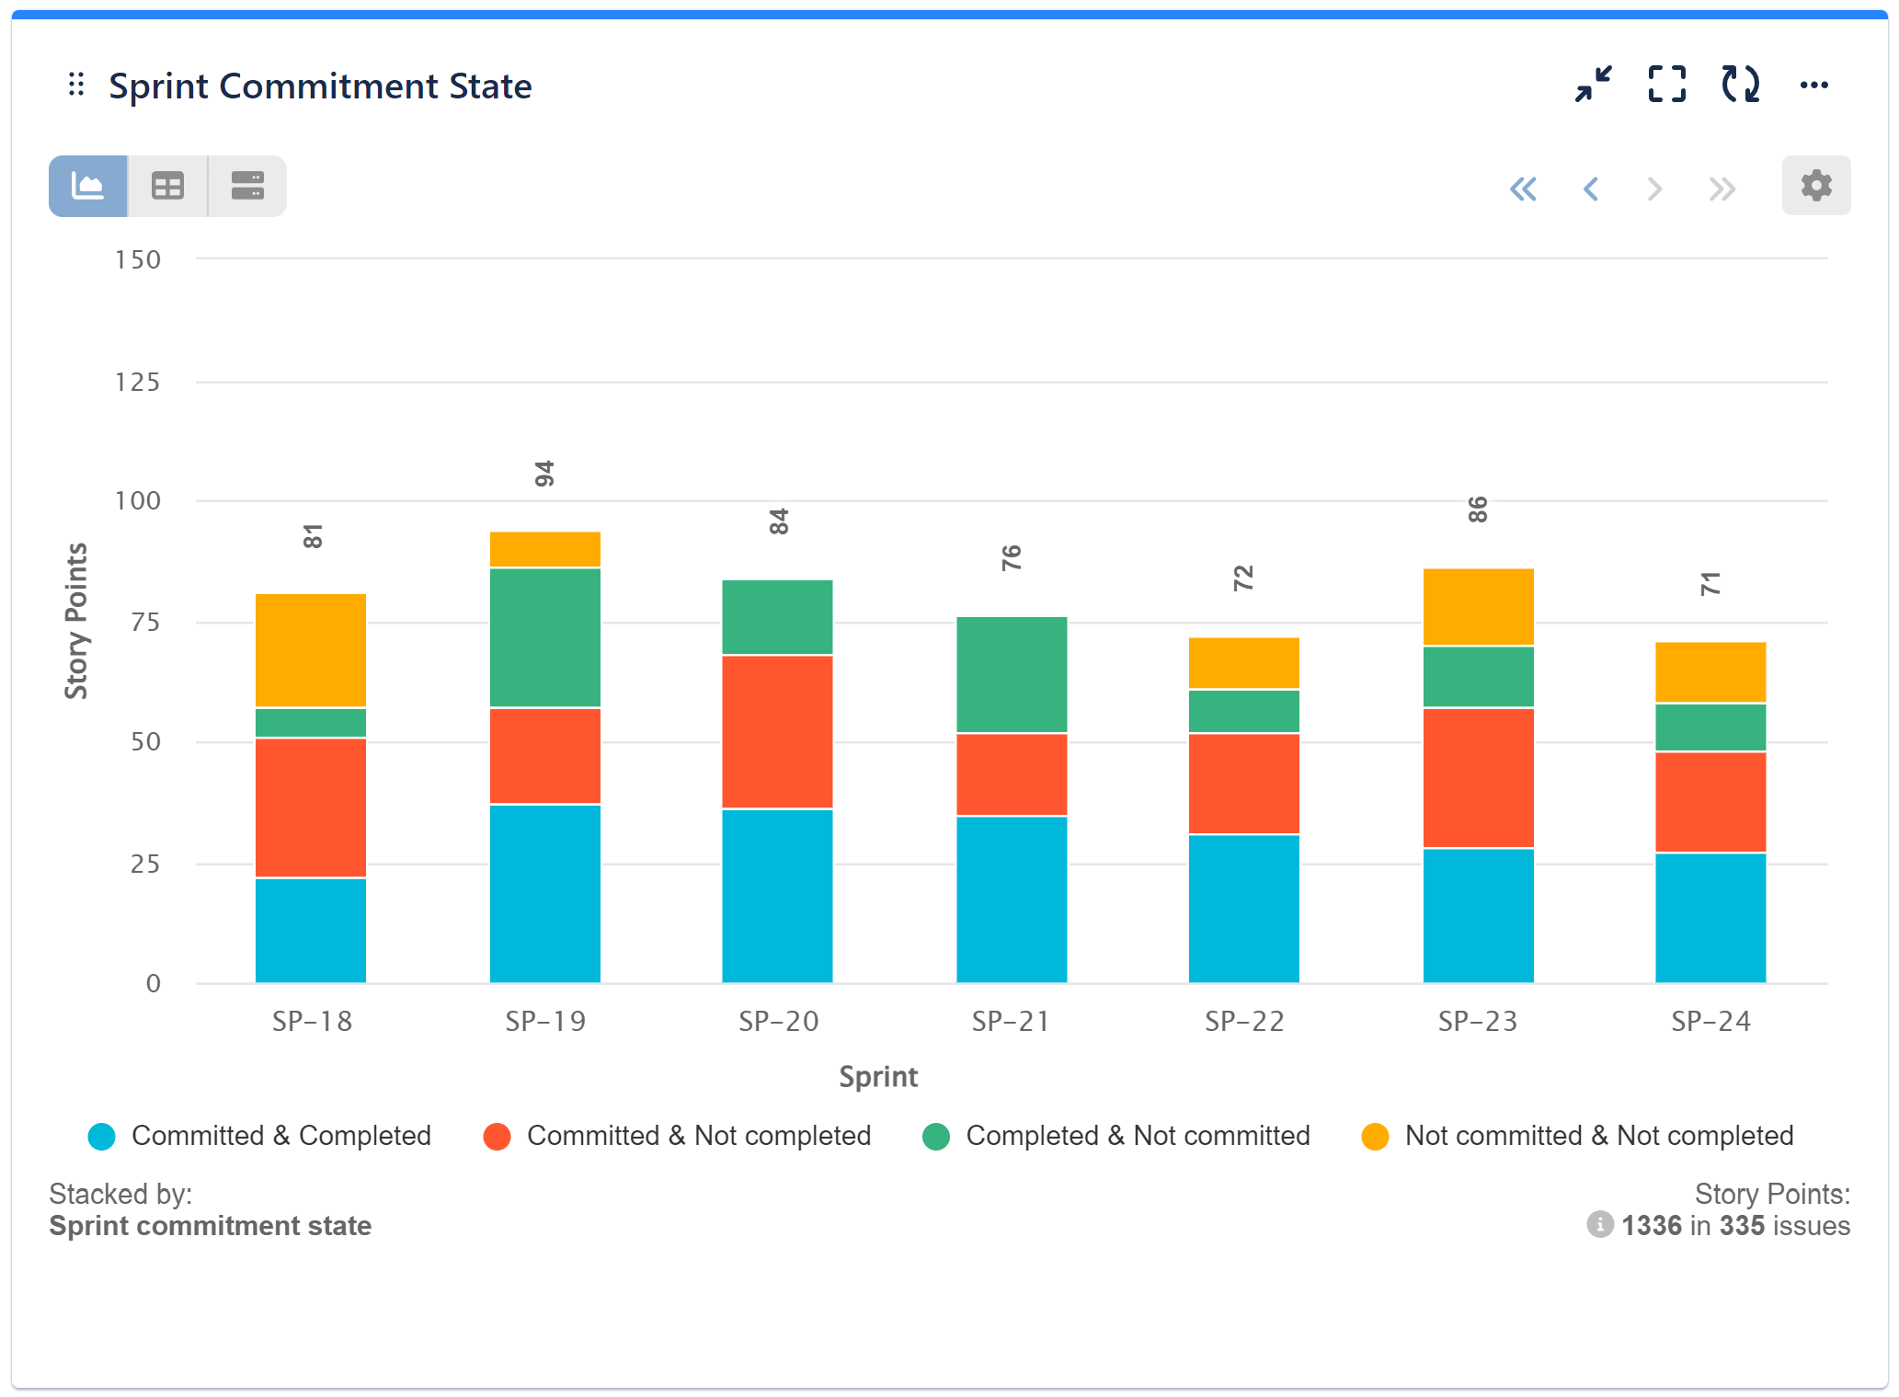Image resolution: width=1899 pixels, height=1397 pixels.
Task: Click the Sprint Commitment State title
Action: [320, 86]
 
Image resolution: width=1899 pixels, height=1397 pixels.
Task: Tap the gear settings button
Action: [1815, 186]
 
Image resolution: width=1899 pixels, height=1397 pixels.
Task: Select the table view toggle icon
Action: [167, 187]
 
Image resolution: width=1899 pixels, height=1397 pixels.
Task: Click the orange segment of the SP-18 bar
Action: [311, 650]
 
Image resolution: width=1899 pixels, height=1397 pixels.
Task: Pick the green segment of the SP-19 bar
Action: [545, 637]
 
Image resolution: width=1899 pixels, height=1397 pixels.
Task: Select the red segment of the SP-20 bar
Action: [778, 731]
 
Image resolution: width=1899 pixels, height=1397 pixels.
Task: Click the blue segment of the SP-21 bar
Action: [1012, 899]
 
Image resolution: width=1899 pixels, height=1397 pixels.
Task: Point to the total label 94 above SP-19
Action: [544, 475]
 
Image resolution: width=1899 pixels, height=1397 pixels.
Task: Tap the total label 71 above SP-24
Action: [1710, 584]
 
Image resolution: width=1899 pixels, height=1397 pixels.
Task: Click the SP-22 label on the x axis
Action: [1244, 1021]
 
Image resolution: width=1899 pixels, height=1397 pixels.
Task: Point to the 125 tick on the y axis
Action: [138, 383]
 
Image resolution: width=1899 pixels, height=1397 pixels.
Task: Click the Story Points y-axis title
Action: [76, 621]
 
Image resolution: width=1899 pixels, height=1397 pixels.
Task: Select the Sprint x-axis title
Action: [878, 1076]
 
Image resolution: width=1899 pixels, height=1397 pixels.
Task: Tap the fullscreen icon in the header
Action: [1666, 85]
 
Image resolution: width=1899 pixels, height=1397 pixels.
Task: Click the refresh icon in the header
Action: [1740, 85]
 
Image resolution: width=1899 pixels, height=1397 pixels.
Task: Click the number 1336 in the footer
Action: [1651, 1226]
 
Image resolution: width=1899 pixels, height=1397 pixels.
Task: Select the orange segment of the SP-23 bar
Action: [1478, 607]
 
